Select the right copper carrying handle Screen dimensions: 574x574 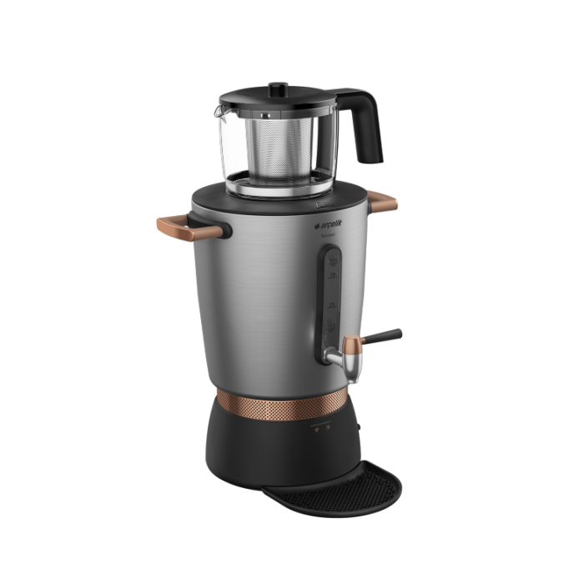click(x=383, y=201)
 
